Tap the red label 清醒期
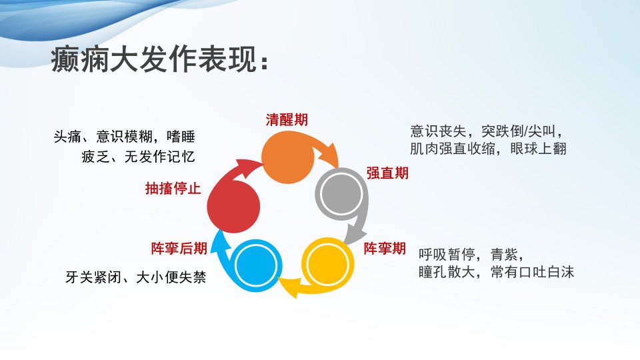click(x=287, y=119)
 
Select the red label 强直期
click(x=387, y=173)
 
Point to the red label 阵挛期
click(x=385, y=248)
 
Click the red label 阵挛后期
click(x=179, y=248)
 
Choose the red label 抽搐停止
click(x=173, y=188)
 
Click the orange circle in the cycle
click(x=288, y=158)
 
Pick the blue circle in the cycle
click(x=256, y=266)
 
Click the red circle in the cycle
click(x=233, y=207)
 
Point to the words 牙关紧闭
click(x=93, y=277)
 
